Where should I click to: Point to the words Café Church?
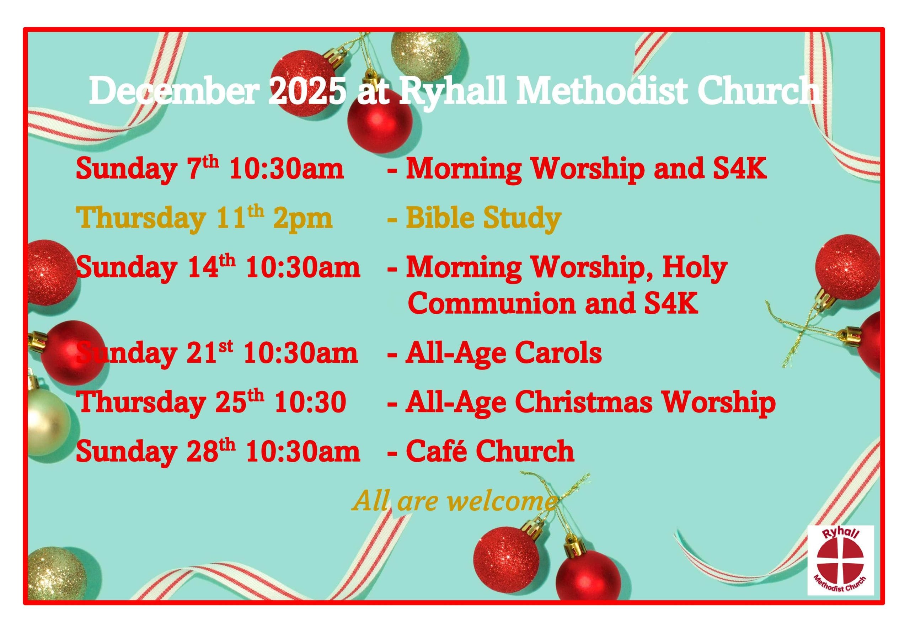(x=490, y=452)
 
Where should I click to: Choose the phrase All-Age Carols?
(x=503, y=354)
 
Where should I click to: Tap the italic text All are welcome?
(x=454, y=501)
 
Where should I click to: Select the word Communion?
(x=492, y=304)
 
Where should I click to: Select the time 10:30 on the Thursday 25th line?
(x=310, y=403)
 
